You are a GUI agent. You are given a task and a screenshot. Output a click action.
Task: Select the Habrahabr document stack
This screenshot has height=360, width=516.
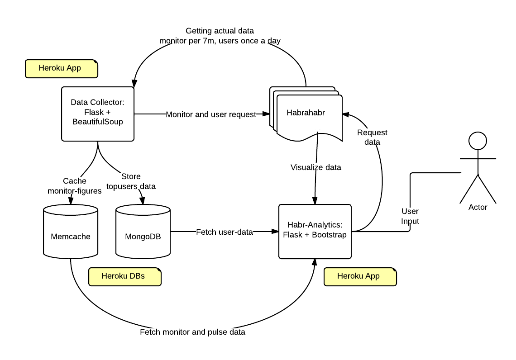tap(306, 113)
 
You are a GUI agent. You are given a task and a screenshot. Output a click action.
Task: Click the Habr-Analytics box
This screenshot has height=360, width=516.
tap(315, 231)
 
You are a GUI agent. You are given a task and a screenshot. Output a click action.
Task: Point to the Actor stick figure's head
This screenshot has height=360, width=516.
tap(478, 140)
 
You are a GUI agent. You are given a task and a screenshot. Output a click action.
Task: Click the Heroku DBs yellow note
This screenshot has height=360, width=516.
tap(124, 276)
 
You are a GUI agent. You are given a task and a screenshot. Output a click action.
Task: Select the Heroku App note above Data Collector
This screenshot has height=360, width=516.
tap(61, 68)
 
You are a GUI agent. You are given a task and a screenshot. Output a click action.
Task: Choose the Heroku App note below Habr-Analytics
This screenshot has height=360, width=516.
tap(360, 276)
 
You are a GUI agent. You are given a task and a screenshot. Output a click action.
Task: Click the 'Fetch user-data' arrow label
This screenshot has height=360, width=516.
tap(224, 232)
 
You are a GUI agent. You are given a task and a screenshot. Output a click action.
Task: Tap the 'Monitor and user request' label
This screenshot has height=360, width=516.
tap(211, 114)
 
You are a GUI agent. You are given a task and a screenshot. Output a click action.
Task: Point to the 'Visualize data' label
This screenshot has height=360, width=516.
tap(315, 167)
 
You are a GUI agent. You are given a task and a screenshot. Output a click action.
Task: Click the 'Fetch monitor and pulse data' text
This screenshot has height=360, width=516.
tap(192, 332)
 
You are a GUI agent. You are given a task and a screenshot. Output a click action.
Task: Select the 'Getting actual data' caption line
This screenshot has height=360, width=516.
tap(220, 31)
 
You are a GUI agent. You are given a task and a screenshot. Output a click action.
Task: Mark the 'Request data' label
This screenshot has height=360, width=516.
tap(372, 137)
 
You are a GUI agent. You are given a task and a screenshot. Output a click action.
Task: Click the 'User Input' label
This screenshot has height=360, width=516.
tap(410, 216)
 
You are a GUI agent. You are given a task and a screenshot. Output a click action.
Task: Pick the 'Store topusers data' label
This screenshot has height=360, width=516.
tap(131, 181)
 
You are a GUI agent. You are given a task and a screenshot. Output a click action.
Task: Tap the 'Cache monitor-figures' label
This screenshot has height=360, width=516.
tap(75, 186)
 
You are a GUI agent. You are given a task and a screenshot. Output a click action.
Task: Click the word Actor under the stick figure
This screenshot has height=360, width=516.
tap(478, 207)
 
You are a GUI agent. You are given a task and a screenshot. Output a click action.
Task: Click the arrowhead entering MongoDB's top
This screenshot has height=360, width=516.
tap(143, 201)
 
